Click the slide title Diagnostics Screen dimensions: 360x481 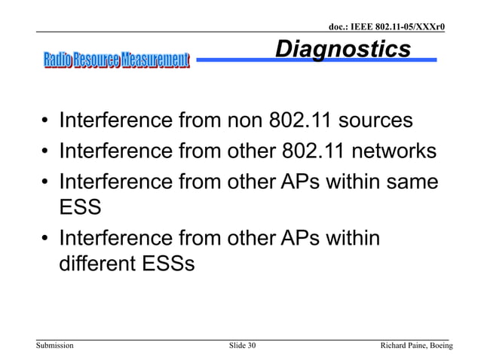click(343, 50)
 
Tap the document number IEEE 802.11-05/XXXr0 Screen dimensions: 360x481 click(387, 28)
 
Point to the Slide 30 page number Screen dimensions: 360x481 click(241, 345)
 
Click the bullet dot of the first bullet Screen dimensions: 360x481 click(46, 122)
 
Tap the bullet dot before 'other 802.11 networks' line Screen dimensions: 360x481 click(46, 152)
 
